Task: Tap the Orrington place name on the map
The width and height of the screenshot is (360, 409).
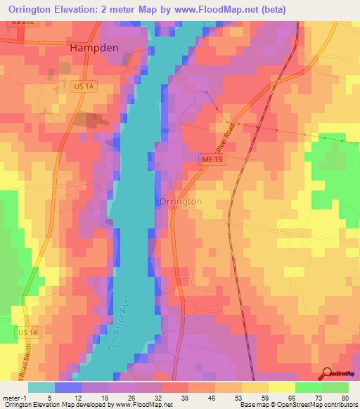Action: (x=181, y=201)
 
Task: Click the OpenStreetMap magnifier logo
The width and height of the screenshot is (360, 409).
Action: (x=328, y=374)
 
